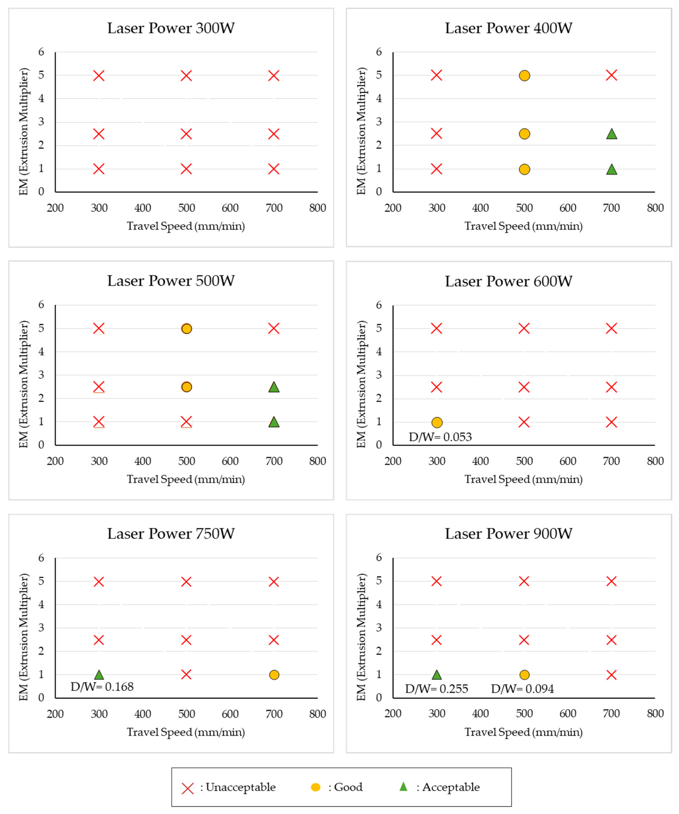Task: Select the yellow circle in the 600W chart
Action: [437, 422]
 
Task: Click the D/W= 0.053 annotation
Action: [440, 437]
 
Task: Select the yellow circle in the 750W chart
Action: [274, 675]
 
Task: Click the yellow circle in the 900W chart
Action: [524, 675]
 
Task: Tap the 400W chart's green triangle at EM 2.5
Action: [612, 134]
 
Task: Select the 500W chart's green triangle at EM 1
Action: [274, 422]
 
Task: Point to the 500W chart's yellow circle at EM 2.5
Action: [187, 387]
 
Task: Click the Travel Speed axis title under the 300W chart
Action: [186, 226]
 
